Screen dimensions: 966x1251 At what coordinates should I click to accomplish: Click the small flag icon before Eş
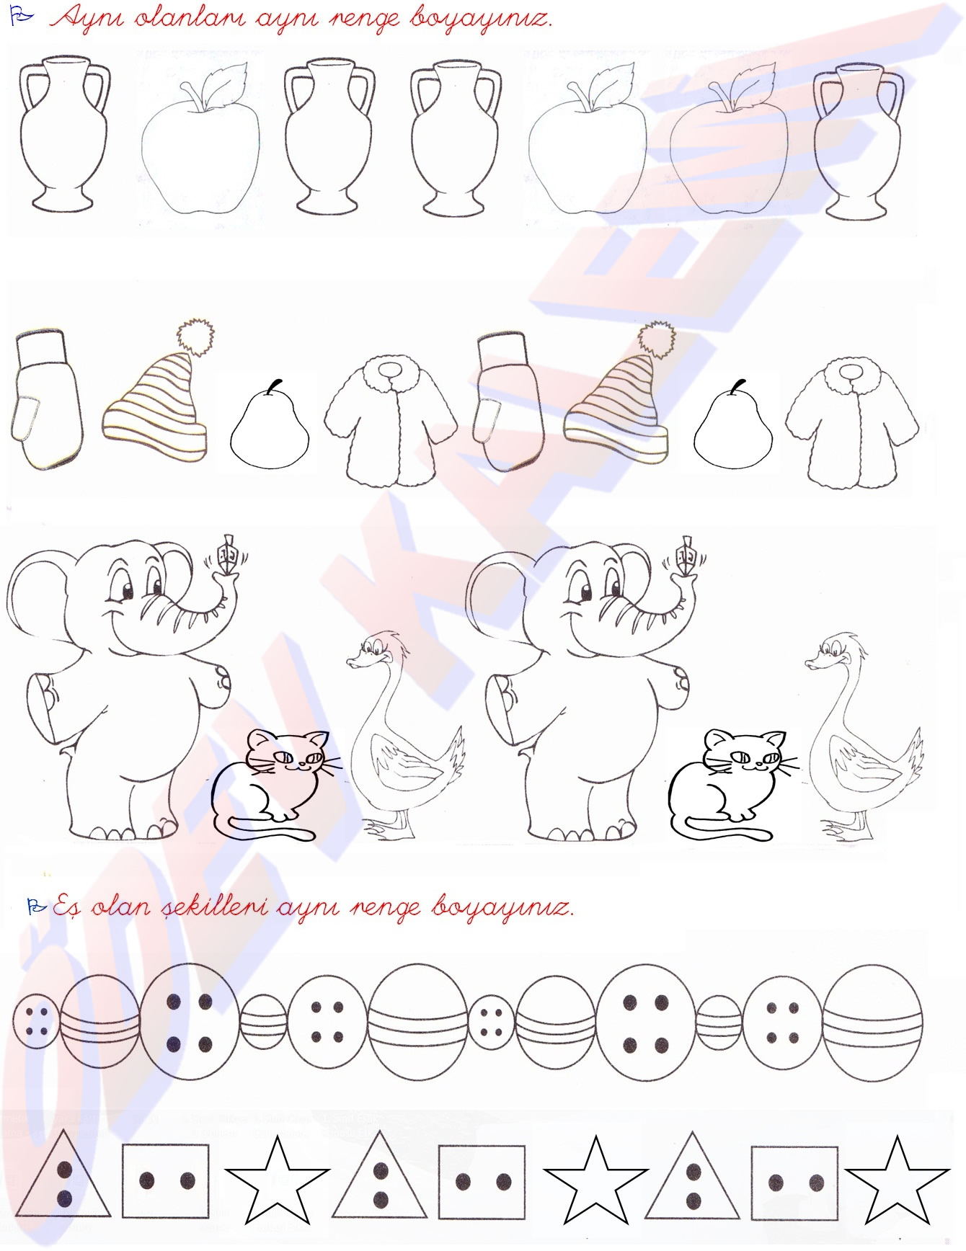pyautogui.click(x=36, y=907)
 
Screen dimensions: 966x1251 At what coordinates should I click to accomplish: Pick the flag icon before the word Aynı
pyautogui.click(x=22, y=17)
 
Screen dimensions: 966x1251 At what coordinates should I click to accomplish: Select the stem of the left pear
pyautogui.click(x=272, y=387)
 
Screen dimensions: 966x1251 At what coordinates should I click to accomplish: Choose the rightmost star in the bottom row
pyautogui.click(x=896, y=1179)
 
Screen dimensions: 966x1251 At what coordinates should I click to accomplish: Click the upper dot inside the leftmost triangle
pyautogui.click(x=64, y=1168)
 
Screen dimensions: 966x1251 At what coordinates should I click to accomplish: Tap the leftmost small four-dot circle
pyautogui.click(x=35, y=1023)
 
